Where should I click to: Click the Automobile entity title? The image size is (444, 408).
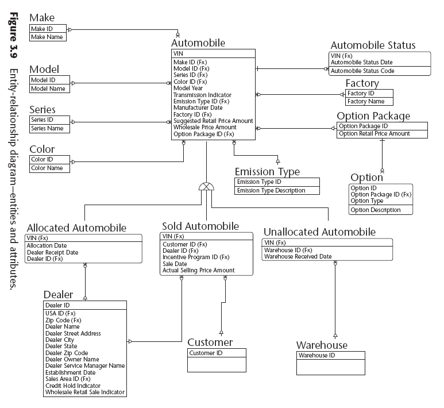pyautogui.click(x=198, y=43)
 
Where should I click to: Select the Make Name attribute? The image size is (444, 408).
pyautogui.click(x=45, y=37)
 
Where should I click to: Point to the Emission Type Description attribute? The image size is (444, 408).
pyautogui.click(x=271, y=190)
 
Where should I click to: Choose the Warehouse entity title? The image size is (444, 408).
pyautogui.click(x=322, y=345)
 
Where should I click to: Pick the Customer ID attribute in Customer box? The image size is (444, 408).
pyautogui.click(x=206, y=353)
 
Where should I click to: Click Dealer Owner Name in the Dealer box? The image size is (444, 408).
pyautogui.click(x=72, y=359)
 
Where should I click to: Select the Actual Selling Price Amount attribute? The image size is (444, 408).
pyautogui.click(x=198, y=270)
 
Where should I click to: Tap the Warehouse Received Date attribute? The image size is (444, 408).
pyautogui.click(x=298, y=256)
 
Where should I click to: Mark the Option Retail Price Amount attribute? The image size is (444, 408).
pyautogui.click(x=374, y=133)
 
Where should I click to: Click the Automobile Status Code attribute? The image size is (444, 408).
pyautogui.click(x=362, y=71)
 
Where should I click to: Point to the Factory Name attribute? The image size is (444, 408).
pyautogui.click(x=366, y=101)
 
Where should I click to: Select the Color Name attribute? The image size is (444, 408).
pyautogui.click(x=47, y=168)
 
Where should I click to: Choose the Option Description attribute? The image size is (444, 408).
pyautogui.click(x=376, y=210)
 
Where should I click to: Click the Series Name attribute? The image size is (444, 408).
pyautogui.click(x=47, y=128)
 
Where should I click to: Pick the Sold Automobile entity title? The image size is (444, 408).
pyautogui.click(x=200, y=226)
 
